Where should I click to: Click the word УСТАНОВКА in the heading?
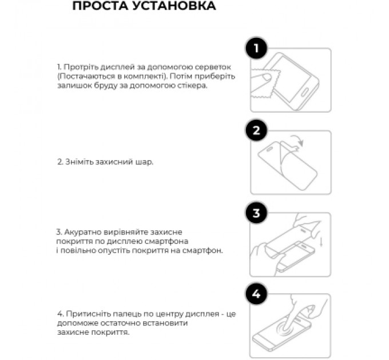[173, 7]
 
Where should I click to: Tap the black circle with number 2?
[256, 131]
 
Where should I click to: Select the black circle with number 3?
[256, 214]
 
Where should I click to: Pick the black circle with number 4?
[256, 295]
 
